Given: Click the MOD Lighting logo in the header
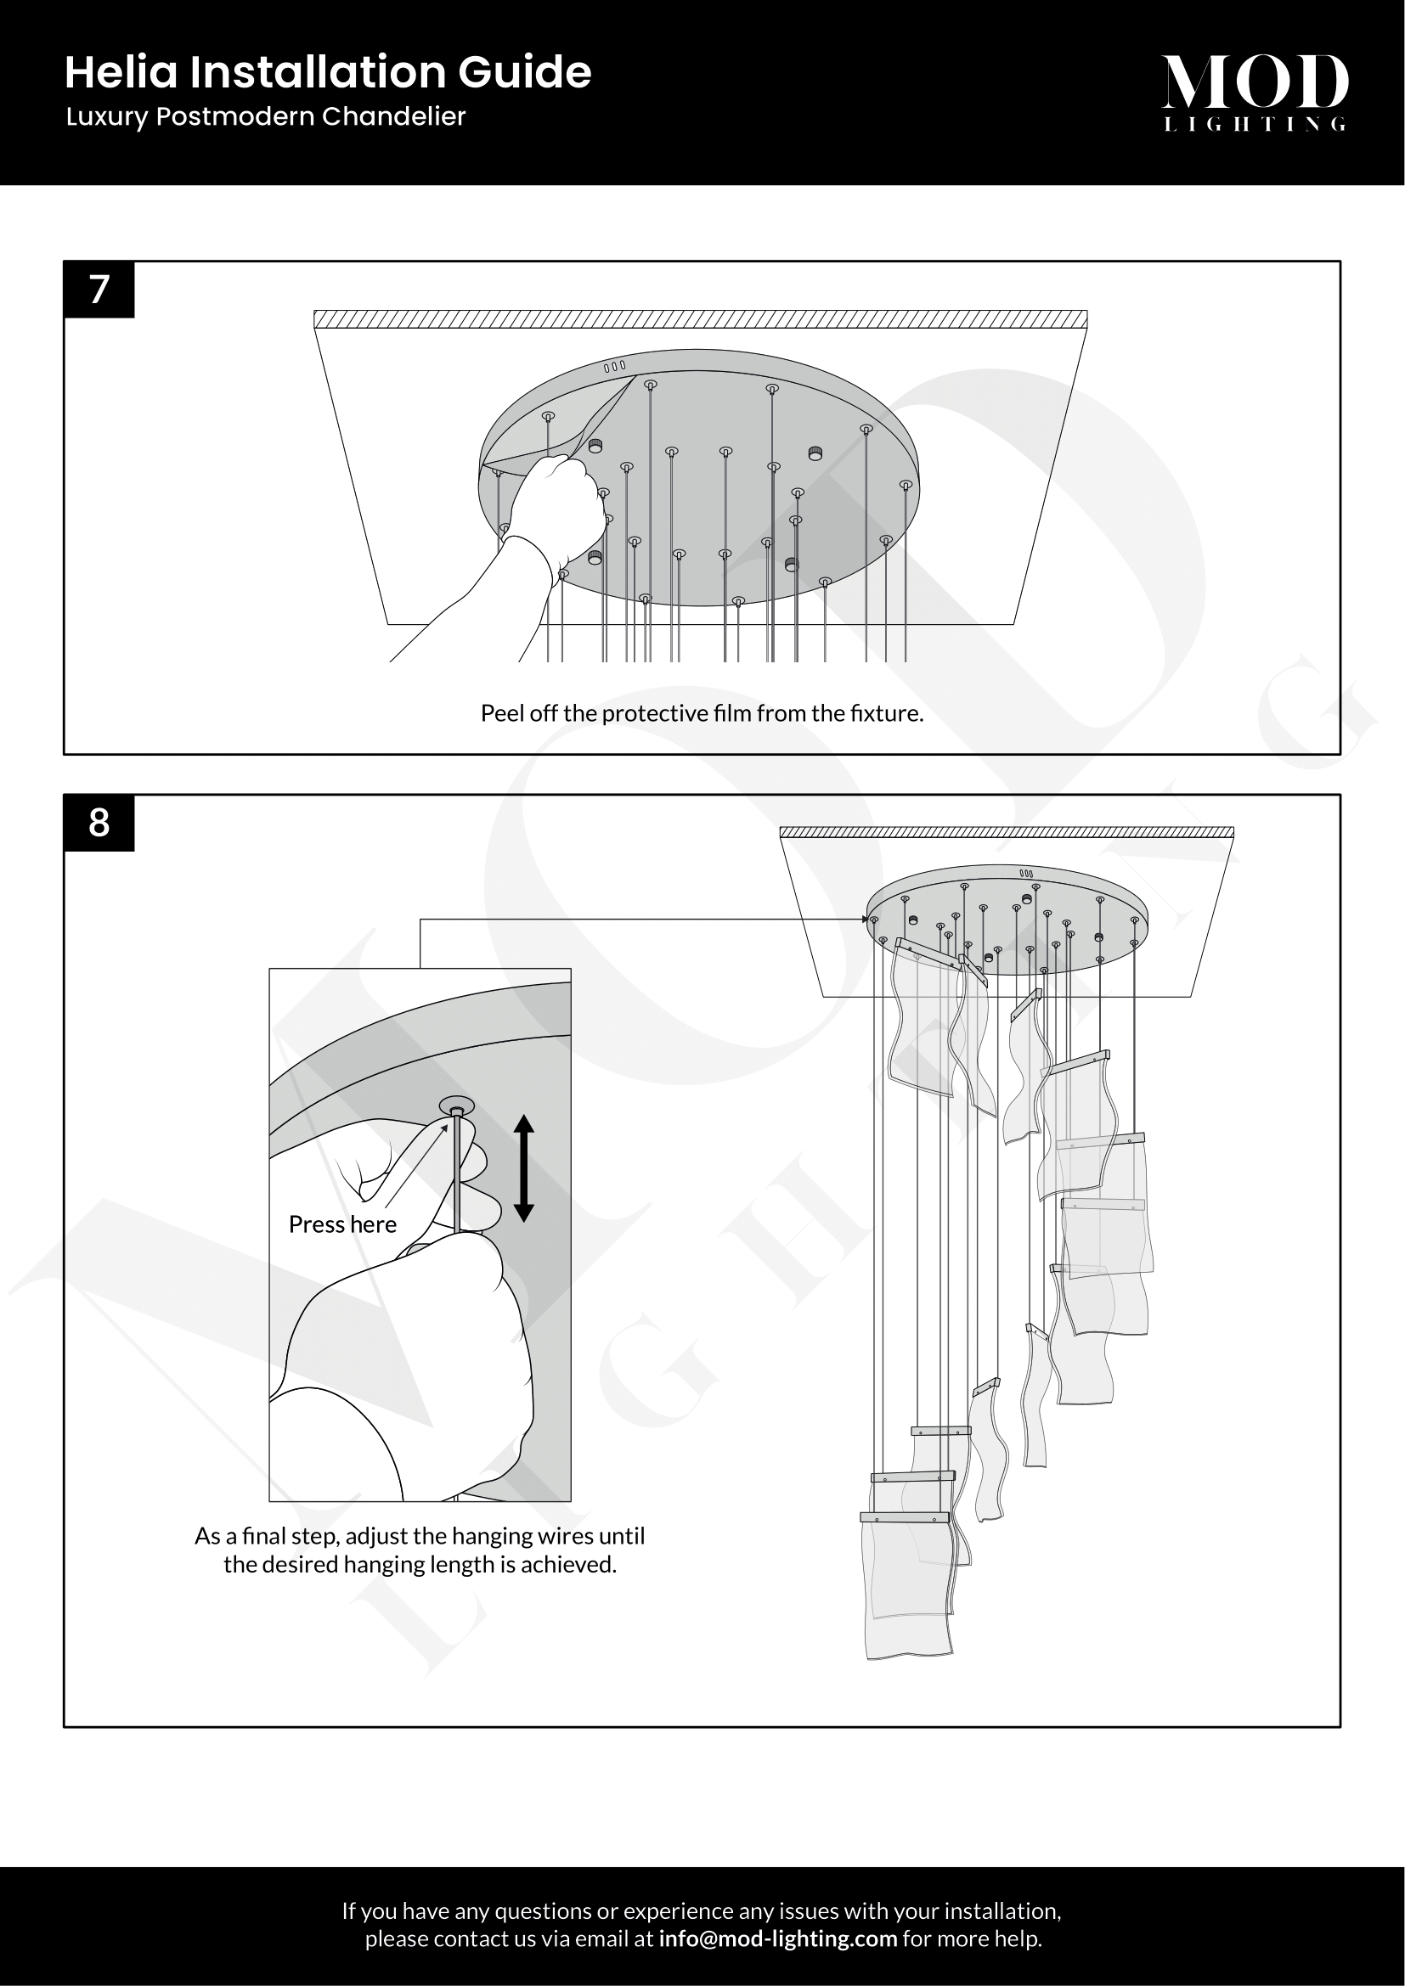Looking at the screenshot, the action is tap(1255, 93).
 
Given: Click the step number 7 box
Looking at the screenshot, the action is tap(99, 290).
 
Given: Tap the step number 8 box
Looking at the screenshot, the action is tap(99, 823).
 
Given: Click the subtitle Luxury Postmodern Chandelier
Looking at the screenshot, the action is tap(266, 117).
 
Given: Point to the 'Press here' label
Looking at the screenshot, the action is tap(342, 1224).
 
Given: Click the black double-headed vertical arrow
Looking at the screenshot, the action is tap(523, 1167).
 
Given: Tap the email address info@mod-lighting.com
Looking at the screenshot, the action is tap(778, 1938).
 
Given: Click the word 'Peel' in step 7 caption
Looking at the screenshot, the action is tap(501, 713).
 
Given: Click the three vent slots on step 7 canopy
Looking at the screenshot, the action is tap(614, 367).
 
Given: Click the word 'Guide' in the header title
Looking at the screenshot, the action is tap(524, 72).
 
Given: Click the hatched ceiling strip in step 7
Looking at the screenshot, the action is tap(700, 319).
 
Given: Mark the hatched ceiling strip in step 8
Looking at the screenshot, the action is tap(1007, 833).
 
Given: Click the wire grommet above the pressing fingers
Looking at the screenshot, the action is tap(457, 1106).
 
